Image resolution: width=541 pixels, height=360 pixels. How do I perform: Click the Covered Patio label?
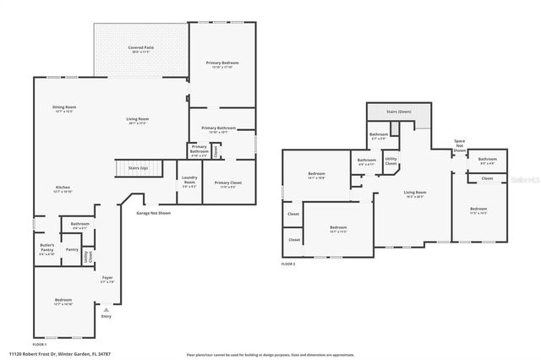point(140,49)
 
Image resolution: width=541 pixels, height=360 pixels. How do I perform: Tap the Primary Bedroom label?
point(221,64)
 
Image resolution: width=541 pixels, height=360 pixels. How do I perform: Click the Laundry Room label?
point(189,179)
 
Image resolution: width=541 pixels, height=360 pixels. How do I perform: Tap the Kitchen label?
point(63,188)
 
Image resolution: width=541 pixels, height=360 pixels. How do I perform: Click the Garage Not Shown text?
point(153,214)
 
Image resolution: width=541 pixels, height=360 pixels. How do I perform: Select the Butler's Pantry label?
point(46,248)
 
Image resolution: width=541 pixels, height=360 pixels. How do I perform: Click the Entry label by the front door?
point(106,316)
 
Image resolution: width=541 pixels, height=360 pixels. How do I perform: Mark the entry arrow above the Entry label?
point(106,309)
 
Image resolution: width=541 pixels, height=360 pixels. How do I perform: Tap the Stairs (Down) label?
point(399,112)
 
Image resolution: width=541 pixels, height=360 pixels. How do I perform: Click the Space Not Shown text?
point(459,145)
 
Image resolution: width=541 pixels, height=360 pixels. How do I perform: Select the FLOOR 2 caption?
point(289,265)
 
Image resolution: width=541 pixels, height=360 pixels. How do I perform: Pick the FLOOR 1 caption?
point(40,344)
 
